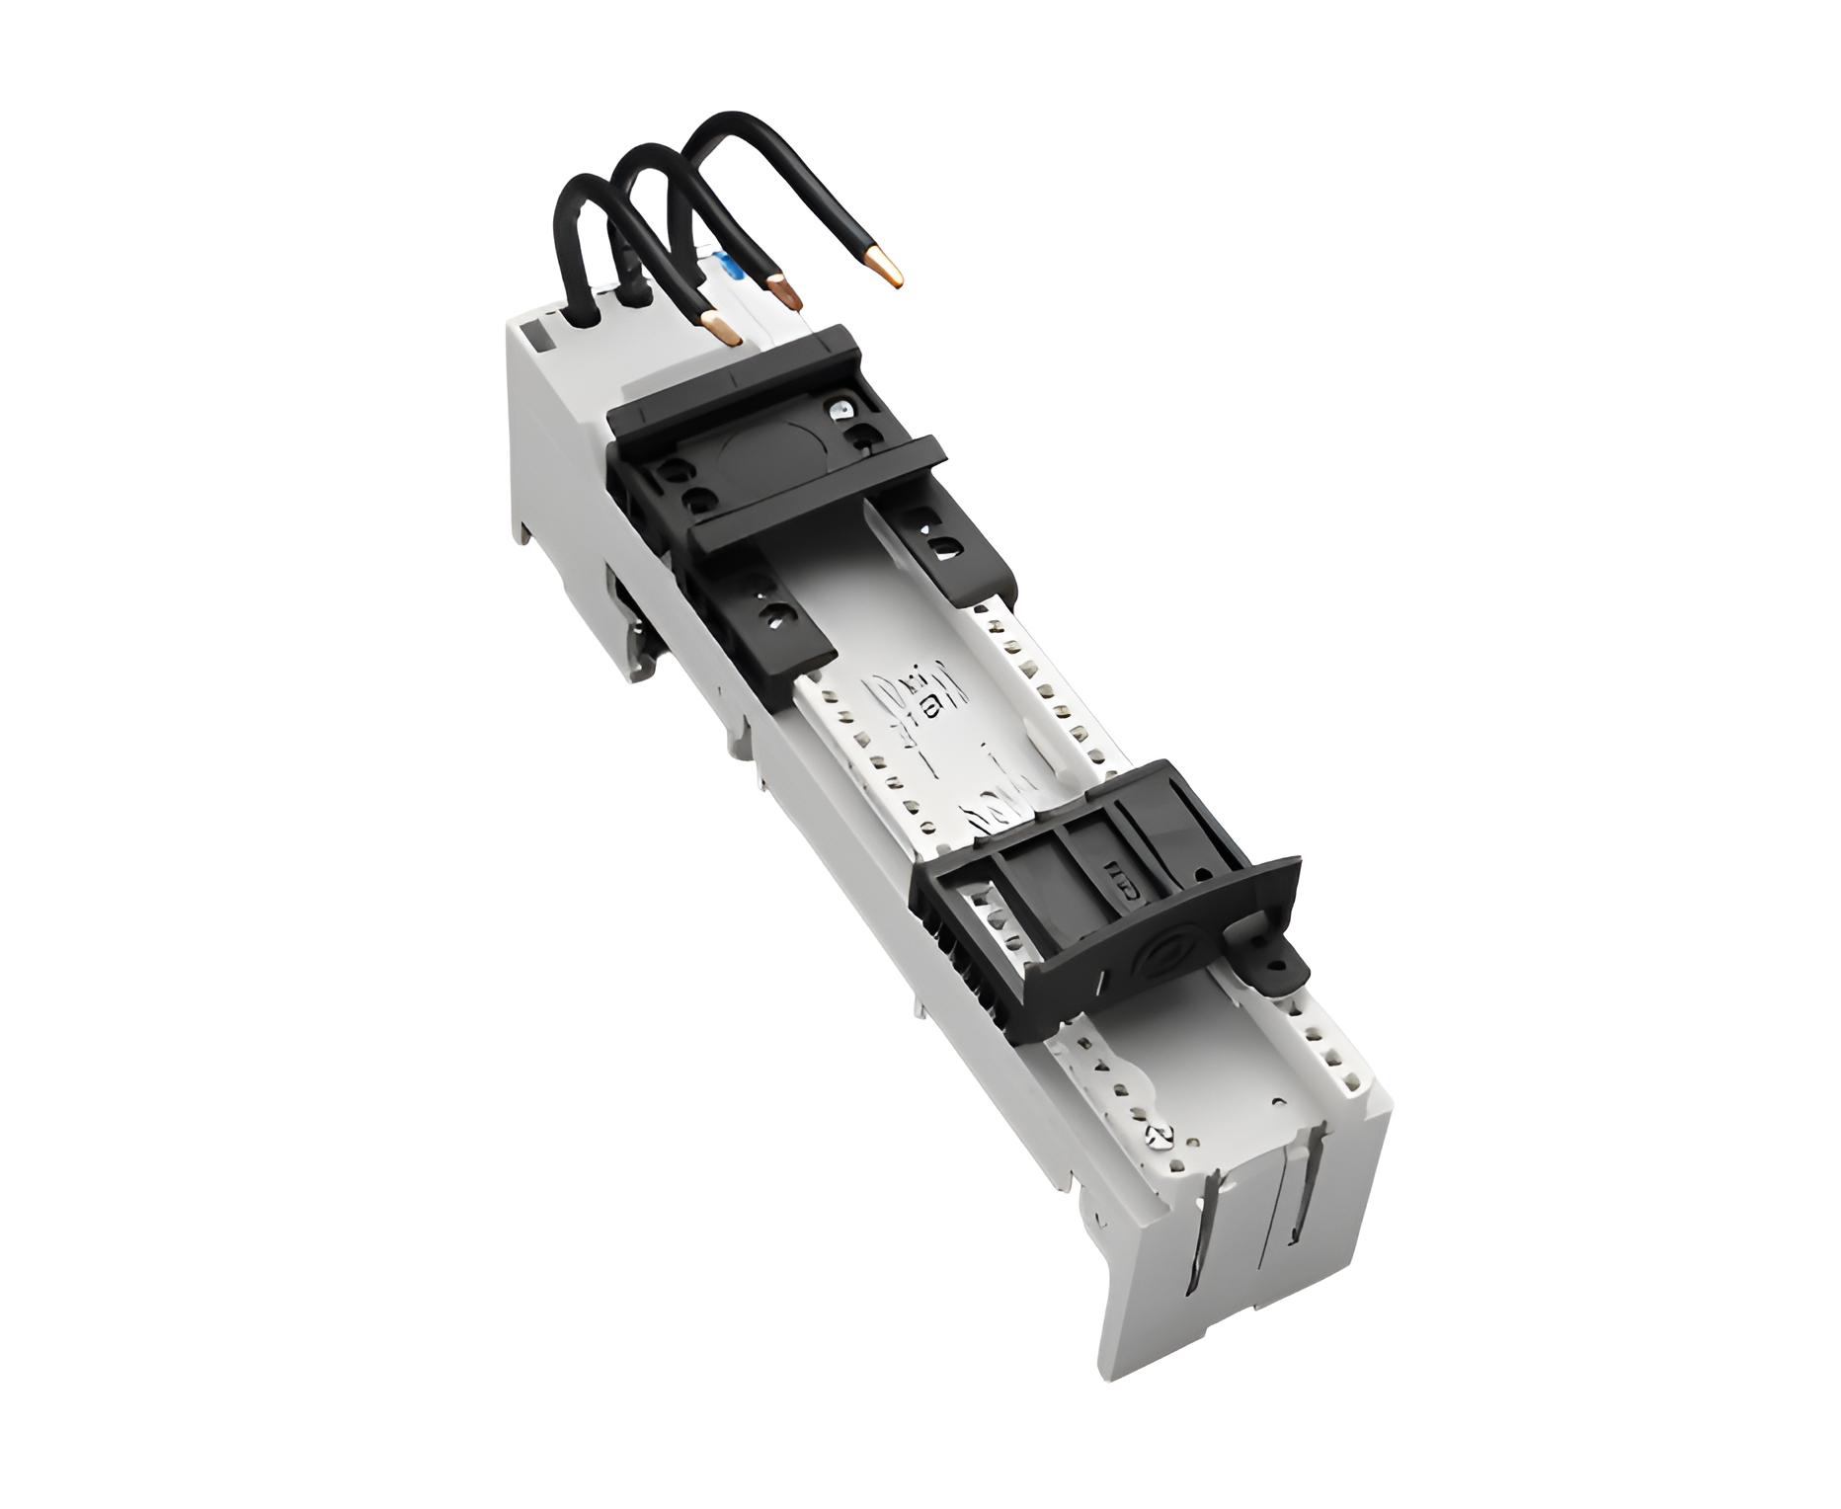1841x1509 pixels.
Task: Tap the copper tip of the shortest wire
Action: (x=722, y=329)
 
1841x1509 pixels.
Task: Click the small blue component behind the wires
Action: (x=730, y=267)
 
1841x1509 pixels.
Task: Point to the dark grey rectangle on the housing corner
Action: (x=539, y=337)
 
